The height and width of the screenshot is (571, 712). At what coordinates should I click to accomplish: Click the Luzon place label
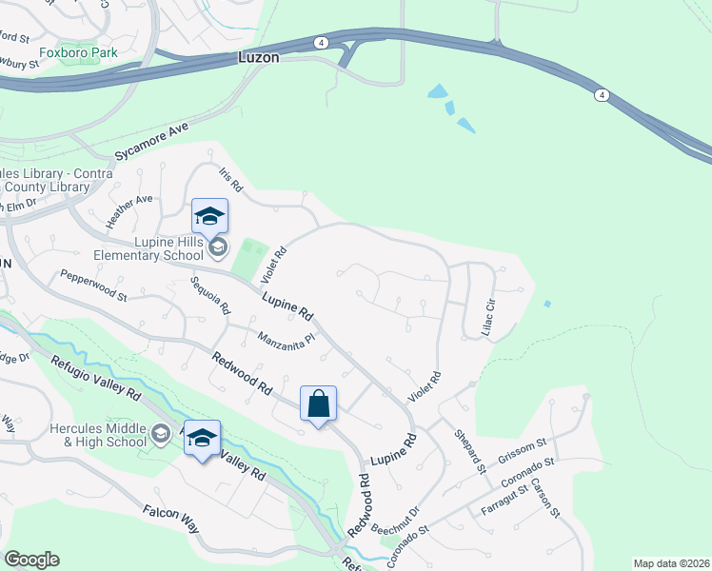258,58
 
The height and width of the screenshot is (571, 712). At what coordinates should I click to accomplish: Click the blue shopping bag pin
319,404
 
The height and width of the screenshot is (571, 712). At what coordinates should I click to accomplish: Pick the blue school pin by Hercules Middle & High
202,439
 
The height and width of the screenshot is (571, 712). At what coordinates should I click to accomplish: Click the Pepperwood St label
93,285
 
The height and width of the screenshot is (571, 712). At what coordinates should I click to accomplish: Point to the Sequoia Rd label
210,296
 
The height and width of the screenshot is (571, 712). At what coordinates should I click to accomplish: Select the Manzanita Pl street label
286,338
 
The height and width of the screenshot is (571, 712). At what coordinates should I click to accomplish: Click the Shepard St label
468,449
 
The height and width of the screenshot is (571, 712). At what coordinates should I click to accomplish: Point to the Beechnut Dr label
396,520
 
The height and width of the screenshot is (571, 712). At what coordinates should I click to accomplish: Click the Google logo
31,560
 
